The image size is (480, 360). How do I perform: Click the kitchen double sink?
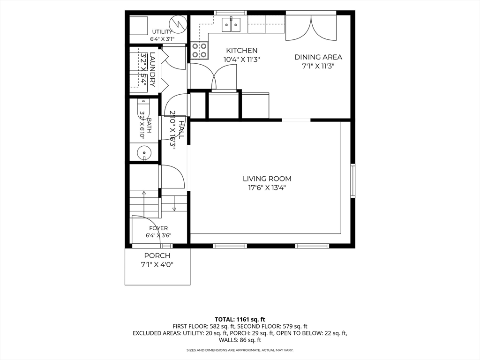coord(231,24)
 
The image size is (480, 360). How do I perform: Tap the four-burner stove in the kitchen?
coord(200,51)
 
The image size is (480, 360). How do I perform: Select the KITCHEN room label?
coord(241,51)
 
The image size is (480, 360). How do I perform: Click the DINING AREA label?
coord(318,57)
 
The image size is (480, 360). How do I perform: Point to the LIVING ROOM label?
coord(267,179)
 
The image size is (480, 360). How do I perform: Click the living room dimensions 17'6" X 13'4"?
coord(267,187)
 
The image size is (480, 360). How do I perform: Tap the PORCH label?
coord(157,255)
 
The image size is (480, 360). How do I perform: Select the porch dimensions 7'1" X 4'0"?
coord(157,265)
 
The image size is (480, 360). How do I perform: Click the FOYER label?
coord(158,228)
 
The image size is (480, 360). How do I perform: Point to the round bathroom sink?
coord(143,152)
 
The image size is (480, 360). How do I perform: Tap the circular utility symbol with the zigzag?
coord(178,23)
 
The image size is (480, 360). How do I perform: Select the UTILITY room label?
coord(162,32)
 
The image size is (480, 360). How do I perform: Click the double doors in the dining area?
coord(311,28)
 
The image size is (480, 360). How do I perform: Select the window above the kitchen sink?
coord(230,13)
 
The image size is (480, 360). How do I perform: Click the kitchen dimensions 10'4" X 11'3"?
coord(241,60)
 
